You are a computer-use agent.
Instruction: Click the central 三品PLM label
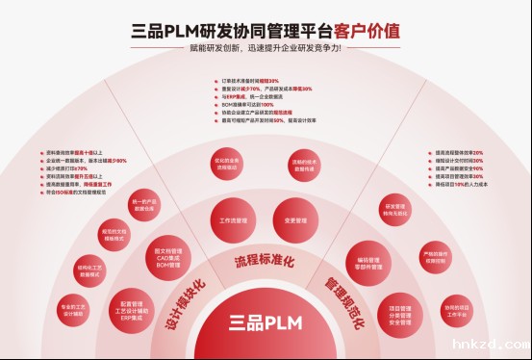[x=265, y=321]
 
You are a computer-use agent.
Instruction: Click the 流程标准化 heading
[x=265, y=261]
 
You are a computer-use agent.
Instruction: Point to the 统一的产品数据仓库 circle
[x=141, y=204]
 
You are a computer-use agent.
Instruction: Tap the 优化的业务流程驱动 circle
[x=226, y=164]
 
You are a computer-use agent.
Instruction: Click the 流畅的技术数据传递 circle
[x=304, y=164]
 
